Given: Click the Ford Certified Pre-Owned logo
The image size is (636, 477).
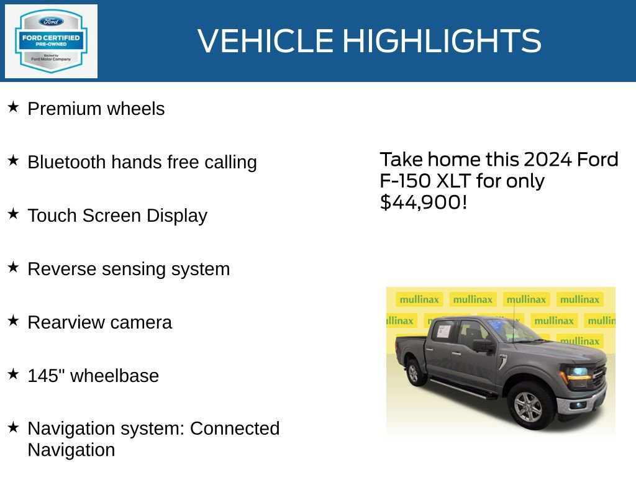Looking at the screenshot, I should [x=51, y=42].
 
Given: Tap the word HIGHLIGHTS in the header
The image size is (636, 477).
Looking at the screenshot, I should [x=442, y=41].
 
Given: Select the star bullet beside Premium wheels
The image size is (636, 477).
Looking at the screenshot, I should [x=13, y=107].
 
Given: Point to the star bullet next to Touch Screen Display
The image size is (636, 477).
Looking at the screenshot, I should [x=13, y=214].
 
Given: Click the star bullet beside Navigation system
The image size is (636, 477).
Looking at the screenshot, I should [x=13, y=427].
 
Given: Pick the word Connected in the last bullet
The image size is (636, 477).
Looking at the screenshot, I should [x=235, y=429].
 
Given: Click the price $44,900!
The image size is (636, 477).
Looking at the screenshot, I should [x=423, y=202].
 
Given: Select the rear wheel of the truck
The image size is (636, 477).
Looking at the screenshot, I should [x=416, y=372].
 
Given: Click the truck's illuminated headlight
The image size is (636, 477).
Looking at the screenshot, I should [x=577, y=374].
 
